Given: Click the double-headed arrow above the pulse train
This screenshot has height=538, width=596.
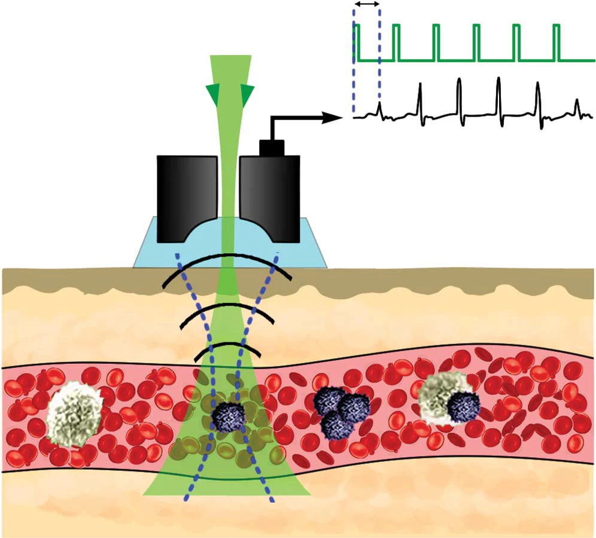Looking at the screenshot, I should [367, 4].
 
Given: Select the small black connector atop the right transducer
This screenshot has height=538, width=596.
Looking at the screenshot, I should [271, 147].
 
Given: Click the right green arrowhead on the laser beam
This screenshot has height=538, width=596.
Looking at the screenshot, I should [247, 93].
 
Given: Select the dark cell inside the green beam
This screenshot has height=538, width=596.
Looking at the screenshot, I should [229, 415].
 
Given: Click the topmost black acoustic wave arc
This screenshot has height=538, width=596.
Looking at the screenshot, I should [227, 259].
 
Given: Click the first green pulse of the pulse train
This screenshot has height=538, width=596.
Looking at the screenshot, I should [357, 42].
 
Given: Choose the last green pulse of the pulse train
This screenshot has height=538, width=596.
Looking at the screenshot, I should [558, 42].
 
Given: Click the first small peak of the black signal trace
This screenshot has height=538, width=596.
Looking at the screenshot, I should [379, 108].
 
